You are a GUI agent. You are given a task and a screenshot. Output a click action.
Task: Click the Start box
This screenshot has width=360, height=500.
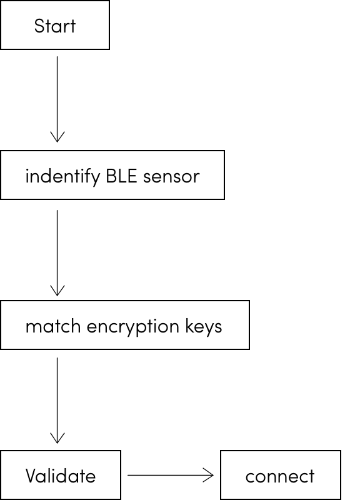pos(55,25)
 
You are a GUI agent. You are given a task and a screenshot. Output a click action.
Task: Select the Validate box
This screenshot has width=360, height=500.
pos(60,475)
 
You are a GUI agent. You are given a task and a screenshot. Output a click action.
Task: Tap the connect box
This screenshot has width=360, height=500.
pos(280,475)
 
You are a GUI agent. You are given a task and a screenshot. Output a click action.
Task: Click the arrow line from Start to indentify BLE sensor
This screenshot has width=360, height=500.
pos(57,94)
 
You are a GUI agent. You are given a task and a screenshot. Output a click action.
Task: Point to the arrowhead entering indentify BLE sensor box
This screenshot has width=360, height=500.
pos(57,138)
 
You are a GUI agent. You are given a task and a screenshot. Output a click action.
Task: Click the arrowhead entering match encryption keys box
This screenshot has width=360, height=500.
pos(57,291)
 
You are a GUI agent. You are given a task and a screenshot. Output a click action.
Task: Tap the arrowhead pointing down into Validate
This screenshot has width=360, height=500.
pos(57,439)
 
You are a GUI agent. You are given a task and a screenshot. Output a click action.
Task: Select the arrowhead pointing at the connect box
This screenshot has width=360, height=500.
pos(209,475)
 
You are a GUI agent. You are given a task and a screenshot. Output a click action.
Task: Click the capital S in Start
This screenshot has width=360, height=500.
pos(39,26)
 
